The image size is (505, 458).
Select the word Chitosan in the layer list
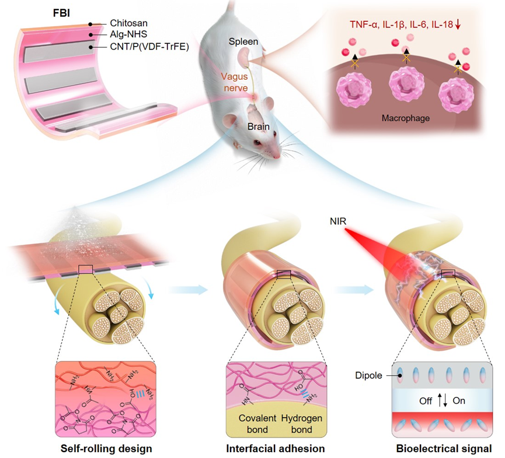tap(128, 24)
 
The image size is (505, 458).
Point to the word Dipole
tap(368, 376)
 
